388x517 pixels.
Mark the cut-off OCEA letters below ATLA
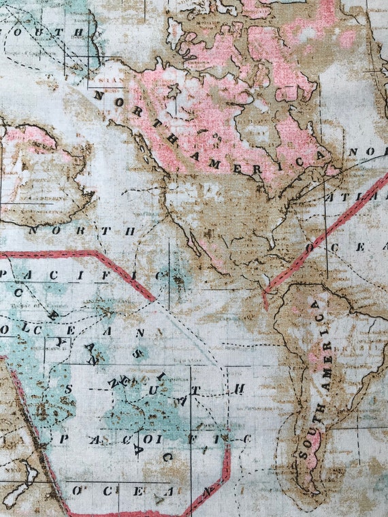point(347,247)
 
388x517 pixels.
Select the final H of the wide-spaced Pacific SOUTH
point(239,388)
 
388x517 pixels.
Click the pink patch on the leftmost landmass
point(31,137)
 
